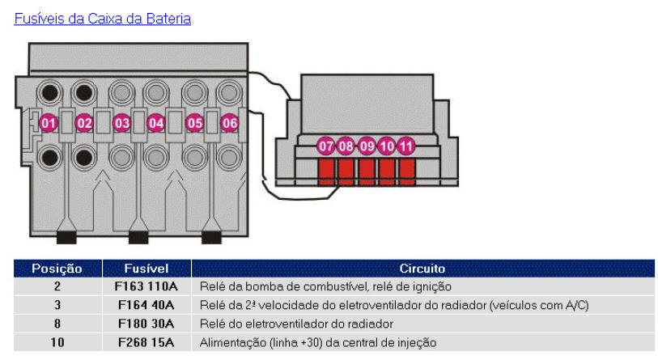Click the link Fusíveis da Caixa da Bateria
(103, 18)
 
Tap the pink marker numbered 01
(49, 123)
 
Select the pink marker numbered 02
(84, 123)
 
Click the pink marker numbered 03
(121, 123)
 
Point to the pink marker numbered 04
(156, 123)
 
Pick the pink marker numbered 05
(194, 123)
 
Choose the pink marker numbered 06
(230, 123)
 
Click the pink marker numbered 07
(326, 146)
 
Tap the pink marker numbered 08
(346, 146)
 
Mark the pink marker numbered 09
(367, 146)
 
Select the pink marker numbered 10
(387, 146)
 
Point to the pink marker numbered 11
(406, 146)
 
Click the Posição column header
(57, 268)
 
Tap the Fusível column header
(146, 268)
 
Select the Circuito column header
(422, 268)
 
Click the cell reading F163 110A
(146, 286)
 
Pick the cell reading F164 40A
(146, 305)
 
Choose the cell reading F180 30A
(146, 324)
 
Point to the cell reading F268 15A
(146, 342)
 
